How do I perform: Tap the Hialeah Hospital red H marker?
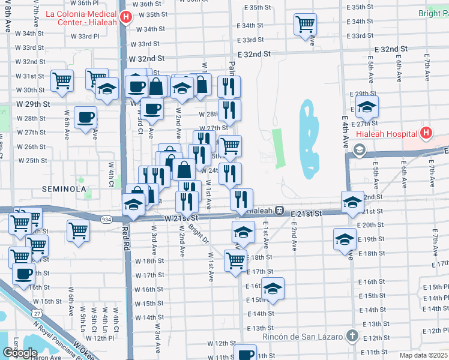coord(426,133)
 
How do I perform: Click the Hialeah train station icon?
coord(280,211)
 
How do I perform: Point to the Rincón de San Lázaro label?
coord(303,336)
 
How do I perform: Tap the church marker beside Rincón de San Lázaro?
coord(352,336)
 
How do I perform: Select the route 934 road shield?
coord(106,220)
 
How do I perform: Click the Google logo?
coord(20,352)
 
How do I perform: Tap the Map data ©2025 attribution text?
coord(423,355)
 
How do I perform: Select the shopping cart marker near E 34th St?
coord(305,25)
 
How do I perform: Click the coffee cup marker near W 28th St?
coord(85,117)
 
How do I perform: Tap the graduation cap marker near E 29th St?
coord(366,109)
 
